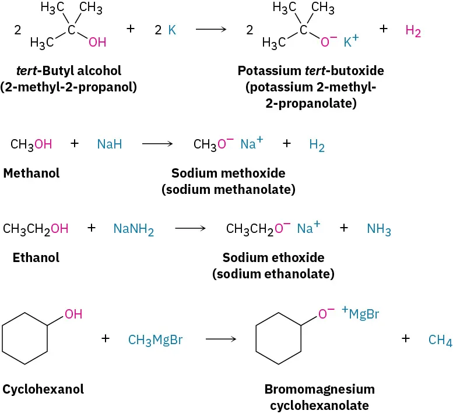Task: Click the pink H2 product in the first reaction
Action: click(413, 31)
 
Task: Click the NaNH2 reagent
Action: click(134, 229)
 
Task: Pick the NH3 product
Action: click(379, 229)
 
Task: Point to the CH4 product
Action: click(440, 340)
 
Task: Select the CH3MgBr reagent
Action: click(155, 339)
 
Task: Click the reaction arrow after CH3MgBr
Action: click(220, 339)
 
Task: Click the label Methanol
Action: click(31, 173)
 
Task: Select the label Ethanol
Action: click(36, 257)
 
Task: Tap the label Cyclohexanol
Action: click(43, 390)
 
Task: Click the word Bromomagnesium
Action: click(319, 389)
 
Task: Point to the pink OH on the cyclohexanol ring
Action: click(73, 314)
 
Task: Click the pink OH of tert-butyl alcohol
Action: click(97, 43)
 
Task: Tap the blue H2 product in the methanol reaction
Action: click(317, 145)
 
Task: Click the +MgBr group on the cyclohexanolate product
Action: click(360, 314)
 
